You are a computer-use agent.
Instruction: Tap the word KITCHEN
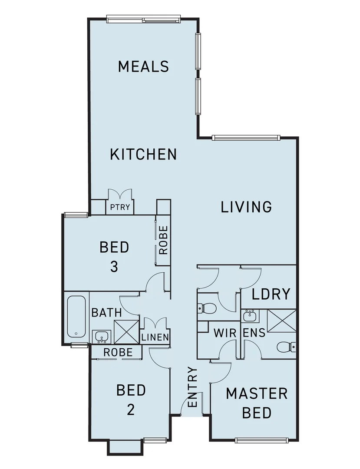(143, 154)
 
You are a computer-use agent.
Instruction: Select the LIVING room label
(246, 207)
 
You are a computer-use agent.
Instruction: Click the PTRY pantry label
(120, 207)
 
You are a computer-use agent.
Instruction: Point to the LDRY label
(271, 294)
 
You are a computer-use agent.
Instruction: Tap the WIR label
(225, 334)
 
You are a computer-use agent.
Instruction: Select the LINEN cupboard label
(155, 337)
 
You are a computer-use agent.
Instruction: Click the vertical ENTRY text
(193, 387)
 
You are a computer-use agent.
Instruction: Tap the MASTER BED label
(257, 403)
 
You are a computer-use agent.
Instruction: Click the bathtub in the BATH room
(77, 317)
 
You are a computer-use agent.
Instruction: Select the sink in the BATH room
(102, 336)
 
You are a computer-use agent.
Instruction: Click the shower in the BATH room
(126, 332)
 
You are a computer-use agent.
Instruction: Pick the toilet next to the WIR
(207, 309)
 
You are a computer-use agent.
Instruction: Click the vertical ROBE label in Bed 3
(163, 240)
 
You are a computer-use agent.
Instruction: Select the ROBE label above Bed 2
(118, 353)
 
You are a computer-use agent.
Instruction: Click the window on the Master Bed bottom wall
(261, 440)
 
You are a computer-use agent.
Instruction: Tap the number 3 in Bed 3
(114, 266)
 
